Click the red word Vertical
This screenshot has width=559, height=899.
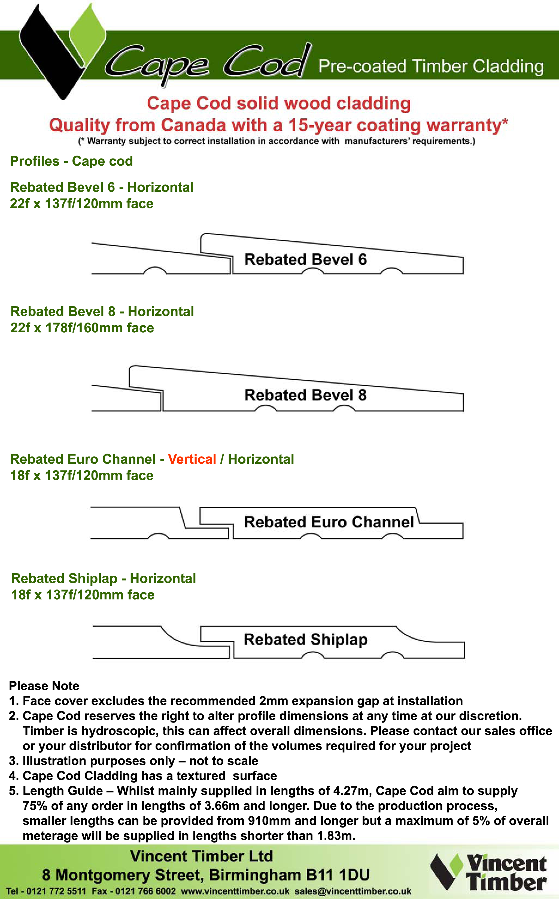(x=192, y=459)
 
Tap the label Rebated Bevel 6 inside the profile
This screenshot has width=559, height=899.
(x=305, y=260)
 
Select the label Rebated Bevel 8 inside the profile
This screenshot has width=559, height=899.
(x=305, y=395)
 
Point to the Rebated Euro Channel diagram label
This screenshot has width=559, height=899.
(x=329, y=522)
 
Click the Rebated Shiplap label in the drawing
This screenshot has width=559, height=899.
(x=305, y=639)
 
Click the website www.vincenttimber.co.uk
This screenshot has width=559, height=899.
(x=235, y=891)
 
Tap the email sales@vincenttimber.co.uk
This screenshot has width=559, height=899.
(x=353, y=891)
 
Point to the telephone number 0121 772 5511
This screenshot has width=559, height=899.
(x=56, y=891)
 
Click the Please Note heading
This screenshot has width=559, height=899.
(x=44, y=686)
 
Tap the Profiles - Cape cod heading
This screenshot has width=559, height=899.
(x=71, y=161)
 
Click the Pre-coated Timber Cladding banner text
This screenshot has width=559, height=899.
(x=431, y=66)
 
